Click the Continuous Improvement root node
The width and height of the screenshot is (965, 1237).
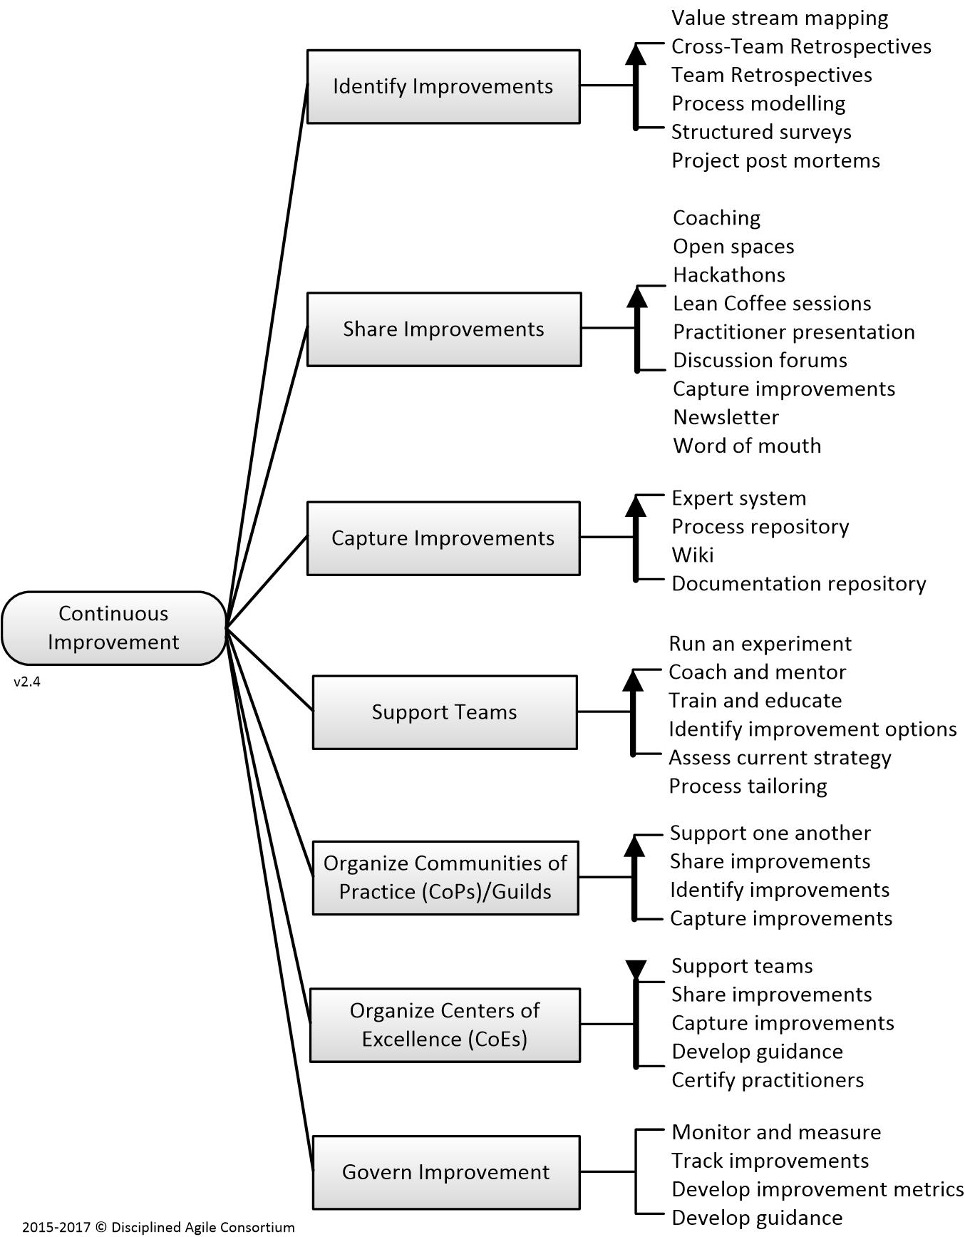tap(114, 628)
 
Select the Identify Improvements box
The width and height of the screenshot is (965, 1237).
tap(443, 86)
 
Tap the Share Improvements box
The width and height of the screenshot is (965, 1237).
tap(444, 329)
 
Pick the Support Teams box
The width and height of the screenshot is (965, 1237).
tap(445, 712)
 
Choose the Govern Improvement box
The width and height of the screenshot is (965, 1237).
tap(446, 1172)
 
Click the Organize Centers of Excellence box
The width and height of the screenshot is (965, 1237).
tap(445, 1025)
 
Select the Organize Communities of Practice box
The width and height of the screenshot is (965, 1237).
tap(445, 878)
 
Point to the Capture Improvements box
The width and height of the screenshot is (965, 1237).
tap(443, 538)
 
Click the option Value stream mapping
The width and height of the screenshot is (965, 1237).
tap(780, 19)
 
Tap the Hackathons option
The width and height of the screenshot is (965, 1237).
tap(729, 275)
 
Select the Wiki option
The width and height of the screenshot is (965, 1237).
tap(693, 555)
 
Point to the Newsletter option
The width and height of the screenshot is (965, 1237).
tap(726, 417)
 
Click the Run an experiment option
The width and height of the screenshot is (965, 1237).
tap(760, 644)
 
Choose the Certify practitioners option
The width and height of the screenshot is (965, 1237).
tap(768, 1080)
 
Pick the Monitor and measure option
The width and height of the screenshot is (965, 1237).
tap(777, 1132)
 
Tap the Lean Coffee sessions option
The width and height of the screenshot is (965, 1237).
tap(772, 304)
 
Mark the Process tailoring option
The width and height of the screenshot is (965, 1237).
tap(748, 786)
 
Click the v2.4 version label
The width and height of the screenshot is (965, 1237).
tap(27, 682)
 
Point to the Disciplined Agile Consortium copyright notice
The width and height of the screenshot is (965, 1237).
tap(158, 1227)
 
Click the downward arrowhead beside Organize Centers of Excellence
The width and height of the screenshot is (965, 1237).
tap(636, 970)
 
